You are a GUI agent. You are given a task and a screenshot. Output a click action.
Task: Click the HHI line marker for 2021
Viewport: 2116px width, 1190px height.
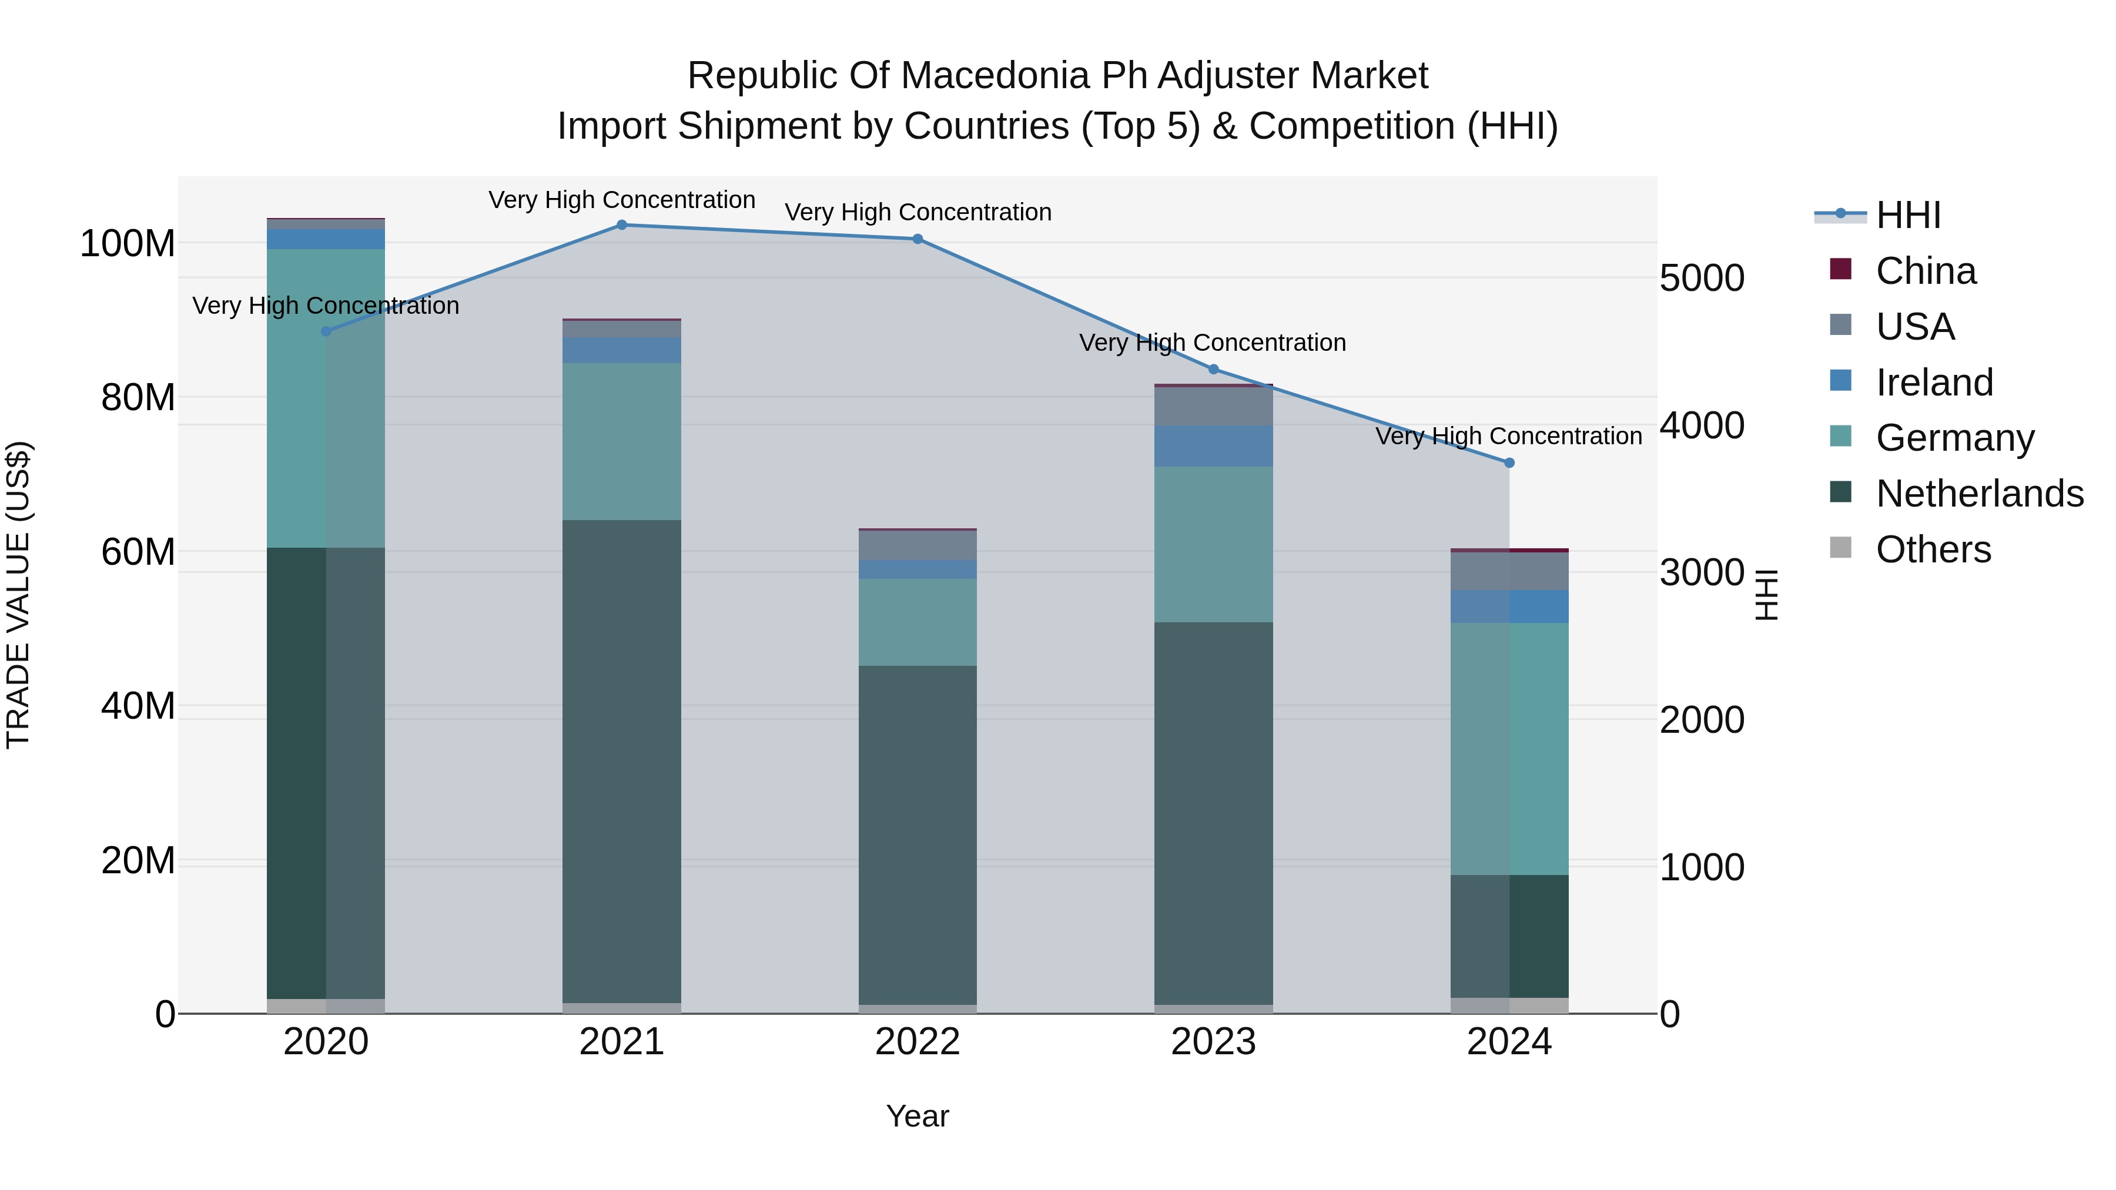[x=622, y=225]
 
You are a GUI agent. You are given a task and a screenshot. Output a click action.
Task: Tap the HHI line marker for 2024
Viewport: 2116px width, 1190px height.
[x=1509, y=463]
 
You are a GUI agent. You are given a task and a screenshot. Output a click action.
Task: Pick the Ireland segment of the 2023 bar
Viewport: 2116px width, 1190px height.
[x=1213, y=446]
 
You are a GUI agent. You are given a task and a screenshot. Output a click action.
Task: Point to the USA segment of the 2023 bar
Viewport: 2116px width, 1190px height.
[x=1213, y=407]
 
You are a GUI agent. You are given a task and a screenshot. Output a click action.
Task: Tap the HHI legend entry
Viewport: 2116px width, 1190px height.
[x=1907, y=215]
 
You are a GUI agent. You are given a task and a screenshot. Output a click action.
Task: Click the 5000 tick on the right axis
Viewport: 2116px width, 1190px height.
[x=1701, y=279]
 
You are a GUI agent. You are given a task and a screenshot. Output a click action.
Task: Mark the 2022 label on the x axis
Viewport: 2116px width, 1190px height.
[x=918, y=1042]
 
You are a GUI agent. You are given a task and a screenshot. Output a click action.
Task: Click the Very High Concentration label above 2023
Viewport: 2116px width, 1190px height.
[x=1213, y=343]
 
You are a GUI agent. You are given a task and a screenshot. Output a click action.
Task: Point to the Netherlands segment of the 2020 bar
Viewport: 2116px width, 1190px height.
[x=326, y=772]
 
